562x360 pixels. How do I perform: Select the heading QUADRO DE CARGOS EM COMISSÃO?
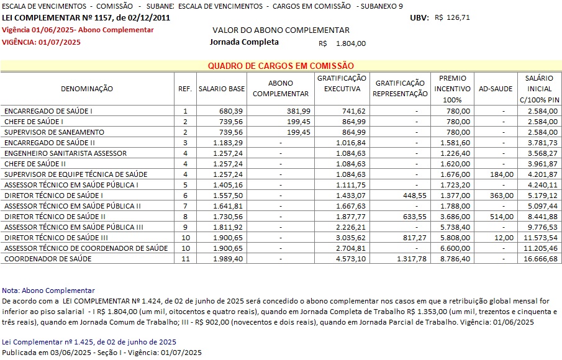point(281,66)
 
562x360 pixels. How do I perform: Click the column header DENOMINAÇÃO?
point(87,89)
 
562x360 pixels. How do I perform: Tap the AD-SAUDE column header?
point(496,89)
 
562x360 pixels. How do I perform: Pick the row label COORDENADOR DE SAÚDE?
point(48,259)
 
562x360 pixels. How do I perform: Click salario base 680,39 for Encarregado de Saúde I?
point(233,111)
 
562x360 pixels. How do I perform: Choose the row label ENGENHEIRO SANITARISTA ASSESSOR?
point(65,153)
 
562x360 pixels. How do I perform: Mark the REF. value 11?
point(185,259)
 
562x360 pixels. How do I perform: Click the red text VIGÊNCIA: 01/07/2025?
point(42,42)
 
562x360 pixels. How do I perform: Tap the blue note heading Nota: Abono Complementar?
point(48,290)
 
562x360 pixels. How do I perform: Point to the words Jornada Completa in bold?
point(244,42)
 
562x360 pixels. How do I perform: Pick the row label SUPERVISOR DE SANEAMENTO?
point(54,132)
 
